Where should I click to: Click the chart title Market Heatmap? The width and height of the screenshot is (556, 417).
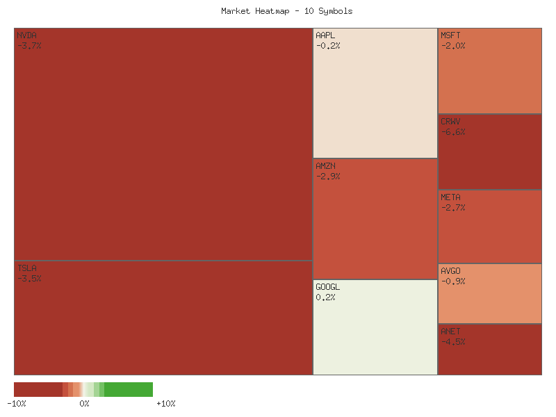click(x=287, y=11)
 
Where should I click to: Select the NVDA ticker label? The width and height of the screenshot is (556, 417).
click(x=27, y=35)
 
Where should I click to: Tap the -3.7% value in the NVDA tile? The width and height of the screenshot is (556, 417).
click(x=29, y=46)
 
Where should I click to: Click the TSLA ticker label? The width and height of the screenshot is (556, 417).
click(x=27, y=268)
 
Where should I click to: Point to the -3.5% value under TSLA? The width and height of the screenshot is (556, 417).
click(x=29, y=279)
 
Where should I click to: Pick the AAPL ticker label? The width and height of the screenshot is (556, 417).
click(x=325, y=35)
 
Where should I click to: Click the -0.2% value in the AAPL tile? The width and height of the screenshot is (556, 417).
click(x=328, y=46)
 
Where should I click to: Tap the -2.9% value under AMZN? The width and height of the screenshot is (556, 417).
click(x=328, y=177)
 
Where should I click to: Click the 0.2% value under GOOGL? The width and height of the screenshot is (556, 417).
click(x=325, y=297)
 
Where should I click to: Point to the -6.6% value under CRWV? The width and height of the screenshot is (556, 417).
click(x=453, y=132)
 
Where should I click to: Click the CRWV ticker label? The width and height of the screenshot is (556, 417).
click(x=450, y=122)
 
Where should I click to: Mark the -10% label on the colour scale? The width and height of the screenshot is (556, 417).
click(x=16, y=404)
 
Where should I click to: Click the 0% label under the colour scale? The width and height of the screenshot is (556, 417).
click(x=84, y=404)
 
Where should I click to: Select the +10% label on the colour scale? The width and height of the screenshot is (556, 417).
click(x=165, y=404)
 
